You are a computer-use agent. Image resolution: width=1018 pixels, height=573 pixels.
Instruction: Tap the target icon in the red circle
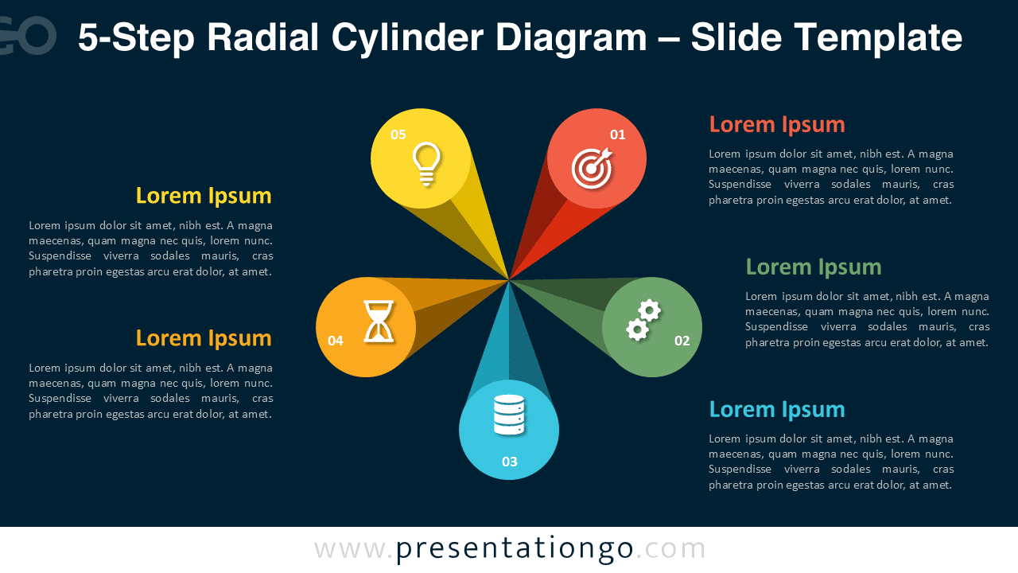(x=592, y=168)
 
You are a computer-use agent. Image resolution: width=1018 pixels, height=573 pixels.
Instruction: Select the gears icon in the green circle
(x=643, y=320)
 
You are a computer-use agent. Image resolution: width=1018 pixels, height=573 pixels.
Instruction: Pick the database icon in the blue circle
(x=509, y=415)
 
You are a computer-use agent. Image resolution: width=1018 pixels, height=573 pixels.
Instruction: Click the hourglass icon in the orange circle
(x=379, y=322)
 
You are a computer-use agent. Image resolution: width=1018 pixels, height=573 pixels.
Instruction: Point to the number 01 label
(x=617, y=134)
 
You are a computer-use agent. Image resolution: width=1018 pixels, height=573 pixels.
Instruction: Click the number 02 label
(x=682, y=341)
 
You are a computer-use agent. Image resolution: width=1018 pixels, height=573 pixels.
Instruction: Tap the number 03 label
(x=509, y=462)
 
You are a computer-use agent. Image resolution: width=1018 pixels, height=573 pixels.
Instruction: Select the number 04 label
(x=336, y=341)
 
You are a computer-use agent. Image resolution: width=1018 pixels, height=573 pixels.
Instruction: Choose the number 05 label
(x=398, y=134)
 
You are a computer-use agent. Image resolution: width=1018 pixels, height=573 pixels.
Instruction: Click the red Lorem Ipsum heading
(x=776, y=124)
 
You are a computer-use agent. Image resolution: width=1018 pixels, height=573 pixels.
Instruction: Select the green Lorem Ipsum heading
(x=813, y=267)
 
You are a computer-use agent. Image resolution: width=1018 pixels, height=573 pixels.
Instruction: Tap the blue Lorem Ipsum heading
(x=776, y=409)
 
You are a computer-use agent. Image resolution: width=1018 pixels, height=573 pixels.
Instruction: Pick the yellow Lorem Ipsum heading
(x=204, y=196)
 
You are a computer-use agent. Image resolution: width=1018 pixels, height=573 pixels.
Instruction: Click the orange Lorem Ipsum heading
(x=204, y=338)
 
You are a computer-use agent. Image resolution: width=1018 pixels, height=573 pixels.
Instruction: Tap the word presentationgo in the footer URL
(x=515, y=548)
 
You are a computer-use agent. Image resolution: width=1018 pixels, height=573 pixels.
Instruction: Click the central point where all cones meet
(x=509, y=280)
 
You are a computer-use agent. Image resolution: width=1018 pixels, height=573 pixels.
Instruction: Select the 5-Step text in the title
(x=135, y=37)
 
